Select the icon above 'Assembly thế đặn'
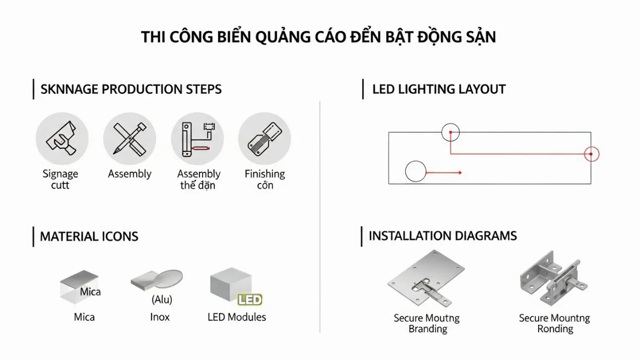[x=197, y=140]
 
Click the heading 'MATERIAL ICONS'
[x=89, y=236]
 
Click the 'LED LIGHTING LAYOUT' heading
[x=438, y=89]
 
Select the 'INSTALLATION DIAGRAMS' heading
[x=443, y=236]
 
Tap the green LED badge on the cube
[x=249, y=300]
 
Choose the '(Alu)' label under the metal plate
[x=162, y=300]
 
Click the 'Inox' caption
[x=159, y=317]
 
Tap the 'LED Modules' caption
[x=236, y=317]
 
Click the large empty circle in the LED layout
[x=415, y=172]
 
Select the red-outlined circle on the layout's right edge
[x=591, y=154]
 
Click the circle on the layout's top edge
[x=451, y=132]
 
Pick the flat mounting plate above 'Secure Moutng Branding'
[x=425, y=280]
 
